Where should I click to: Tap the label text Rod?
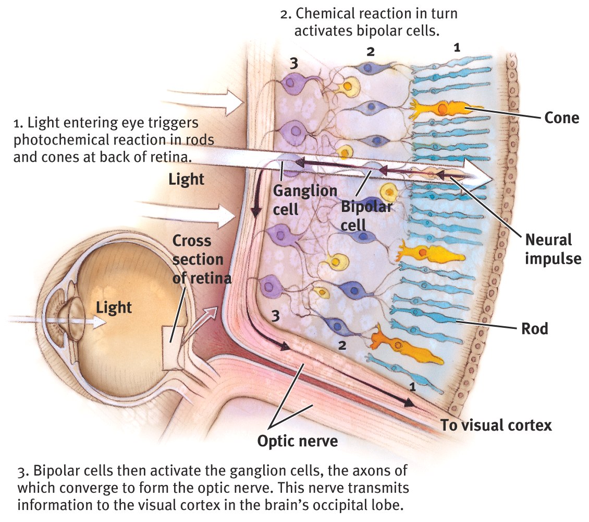[534, 329]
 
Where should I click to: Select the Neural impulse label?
[552, 249]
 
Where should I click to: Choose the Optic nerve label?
[298, 441]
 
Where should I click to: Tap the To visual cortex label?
[496, 425]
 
